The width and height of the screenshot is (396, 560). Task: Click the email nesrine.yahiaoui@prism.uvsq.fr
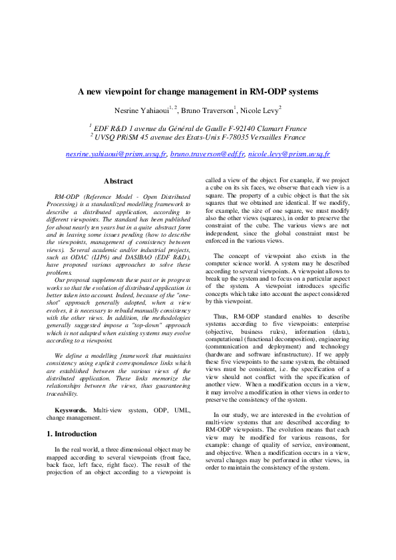pos(116,154)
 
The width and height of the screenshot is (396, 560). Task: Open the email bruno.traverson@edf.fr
pos(207,154)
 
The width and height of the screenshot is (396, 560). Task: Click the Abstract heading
pos(118,181)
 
